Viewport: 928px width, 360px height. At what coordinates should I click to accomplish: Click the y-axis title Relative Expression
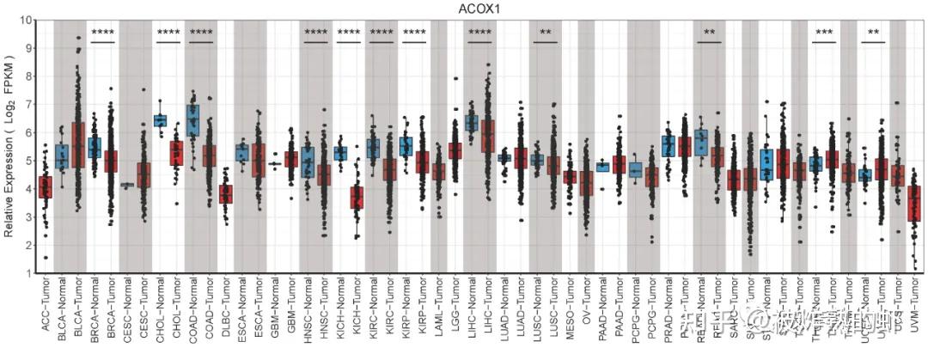[9, 146]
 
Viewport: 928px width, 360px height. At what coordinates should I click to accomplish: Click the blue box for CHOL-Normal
[160, 120]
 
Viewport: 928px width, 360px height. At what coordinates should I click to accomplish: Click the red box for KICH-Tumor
[357, 197]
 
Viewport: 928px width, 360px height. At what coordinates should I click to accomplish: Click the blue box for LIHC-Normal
[472, 123]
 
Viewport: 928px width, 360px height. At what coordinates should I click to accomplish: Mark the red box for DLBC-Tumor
[225, 193]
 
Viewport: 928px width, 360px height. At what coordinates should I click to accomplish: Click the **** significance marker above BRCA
[102, 34]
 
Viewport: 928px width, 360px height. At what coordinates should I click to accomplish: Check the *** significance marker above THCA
[824, 34]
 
